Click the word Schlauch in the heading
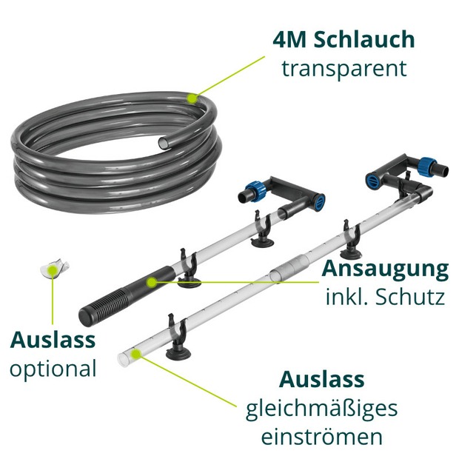[x=364, y=40]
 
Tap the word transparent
[x=344, y=69]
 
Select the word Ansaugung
[x=385, y=269]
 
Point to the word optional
[x=53, y=369]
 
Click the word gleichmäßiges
[x=321, y=409]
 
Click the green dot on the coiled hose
[x=192, y=98]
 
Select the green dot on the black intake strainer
[x=151, y=282]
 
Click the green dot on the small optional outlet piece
[x=53, y=269]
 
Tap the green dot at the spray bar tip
[x=135, y=354]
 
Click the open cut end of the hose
[x=163, y=143]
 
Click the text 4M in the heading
[x=290, y=40]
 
